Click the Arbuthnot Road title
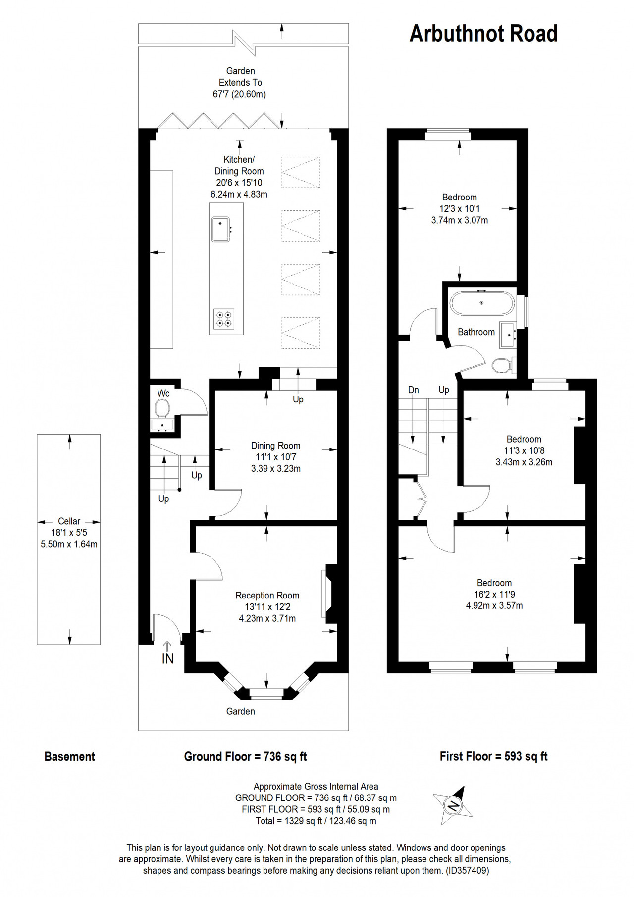[x=483, y=34]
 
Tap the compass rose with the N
[x=453, y=805]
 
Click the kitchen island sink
[x=220, y=229]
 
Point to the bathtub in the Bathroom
[x=481, y=303]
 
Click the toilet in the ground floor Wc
[x=162, y=409]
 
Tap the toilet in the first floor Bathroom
[x=502, y=366]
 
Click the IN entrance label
[x=167, y=659]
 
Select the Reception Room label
[x=267, y=596]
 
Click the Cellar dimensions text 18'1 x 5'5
[x=69, y=533]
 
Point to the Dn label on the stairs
[x=413, y=390]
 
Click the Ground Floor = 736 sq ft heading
[x=245, y=756]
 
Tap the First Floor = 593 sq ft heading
[x=493, y=756]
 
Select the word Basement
[x=69, y=756]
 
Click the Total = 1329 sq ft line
[x=316, y=821]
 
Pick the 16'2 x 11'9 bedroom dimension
[x=494, y=594]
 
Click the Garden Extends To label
[x=240, y=82]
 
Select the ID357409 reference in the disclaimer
[x=467, y=870]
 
